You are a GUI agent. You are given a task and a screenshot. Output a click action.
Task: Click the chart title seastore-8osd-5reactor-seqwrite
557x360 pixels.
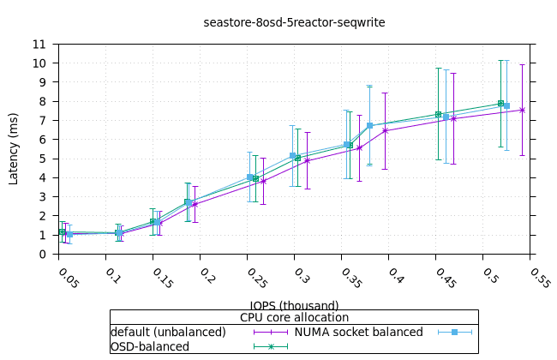(x=294, y=22)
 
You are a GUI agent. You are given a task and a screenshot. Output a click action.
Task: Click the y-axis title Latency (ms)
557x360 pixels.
(x=13, y=148)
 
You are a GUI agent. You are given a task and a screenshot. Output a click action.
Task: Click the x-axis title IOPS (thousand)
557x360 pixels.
(x=294, y=305)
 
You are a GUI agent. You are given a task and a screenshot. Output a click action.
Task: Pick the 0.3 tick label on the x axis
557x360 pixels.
(x=301, y=275)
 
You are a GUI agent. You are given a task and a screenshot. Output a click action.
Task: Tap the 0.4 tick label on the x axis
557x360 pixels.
(x=395, y=275)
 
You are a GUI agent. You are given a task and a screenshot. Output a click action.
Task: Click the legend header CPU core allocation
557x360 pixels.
(x=294, y=318)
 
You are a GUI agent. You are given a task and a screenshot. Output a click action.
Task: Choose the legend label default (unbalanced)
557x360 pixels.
(x=168, y=332)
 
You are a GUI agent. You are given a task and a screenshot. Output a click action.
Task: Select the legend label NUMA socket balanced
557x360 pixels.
(x=358, y=332)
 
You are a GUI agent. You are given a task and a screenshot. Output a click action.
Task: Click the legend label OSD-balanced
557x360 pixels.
(x=150, y=346)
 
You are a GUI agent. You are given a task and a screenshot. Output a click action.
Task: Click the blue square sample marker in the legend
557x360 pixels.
(x=455, y=332)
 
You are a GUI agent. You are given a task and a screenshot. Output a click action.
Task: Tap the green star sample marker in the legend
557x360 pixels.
(x=270, y=346)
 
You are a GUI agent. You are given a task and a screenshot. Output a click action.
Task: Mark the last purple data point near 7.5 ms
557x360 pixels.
(x=522, y=110)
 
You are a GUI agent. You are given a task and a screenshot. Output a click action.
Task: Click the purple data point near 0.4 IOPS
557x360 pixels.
(x=385, y=130)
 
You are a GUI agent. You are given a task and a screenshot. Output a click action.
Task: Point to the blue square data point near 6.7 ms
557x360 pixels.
(x=369, y=126)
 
